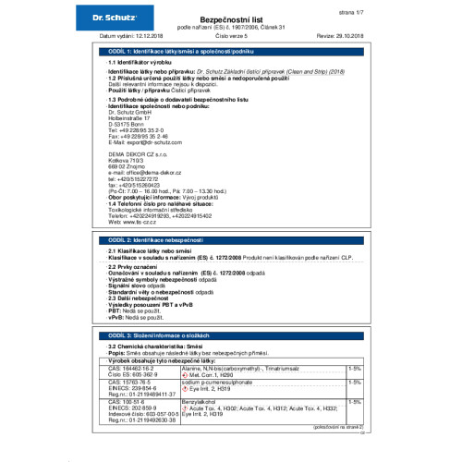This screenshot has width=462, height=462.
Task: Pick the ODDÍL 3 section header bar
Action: [x=231, y=336]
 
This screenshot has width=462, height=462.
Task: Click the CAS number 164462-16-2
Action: [x=135, y=367]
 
